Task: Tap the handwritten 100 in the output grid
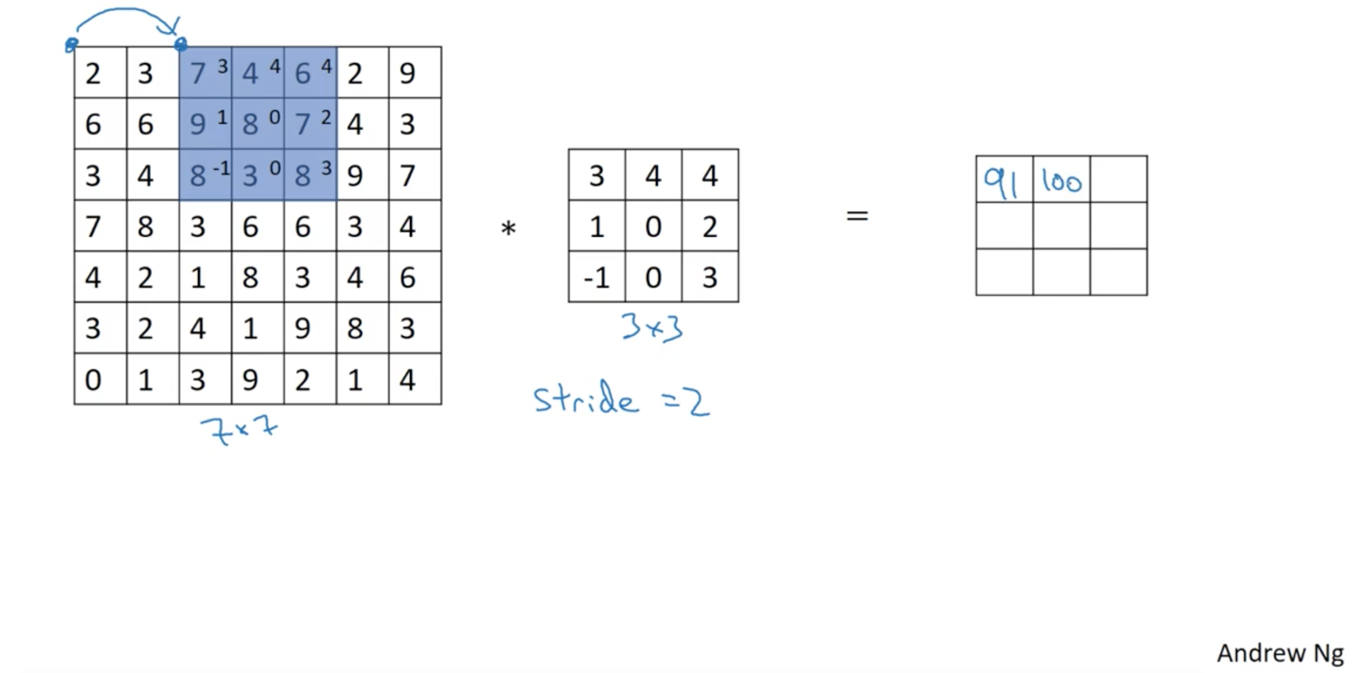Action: [x=1061, y=182]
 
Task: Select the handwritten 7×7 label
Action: [x=239, y=430]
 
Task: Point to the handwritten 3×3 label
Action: [x=653, y=327]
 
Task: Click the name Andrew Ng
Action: [x=1280, y=653]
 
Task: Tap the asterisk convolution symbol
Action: [x=508, y=229]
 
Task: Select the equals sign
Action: [x=857, y=216]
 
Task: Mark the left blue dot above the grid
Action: [x=71, y=45]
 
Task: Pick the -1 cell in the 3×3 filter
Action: [x=596, y=278]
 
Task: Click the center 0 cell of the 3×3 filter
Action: [x=653, y=227]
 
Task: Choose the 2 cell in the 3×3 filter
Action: [x=710, y=227]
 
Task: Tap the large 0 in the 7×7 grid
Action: [x=93, y=380]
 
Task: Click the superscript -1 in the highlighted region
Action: [x=221, y=169]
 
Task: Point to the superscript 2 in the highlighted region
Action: [x=326, y=117]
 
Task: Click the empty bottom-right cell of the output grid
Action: [x=1119, y=272]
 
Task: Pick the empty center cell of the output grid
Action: [x=1061, y=225]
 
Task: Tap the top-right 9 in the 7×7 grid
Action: [x=407, y=73]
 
